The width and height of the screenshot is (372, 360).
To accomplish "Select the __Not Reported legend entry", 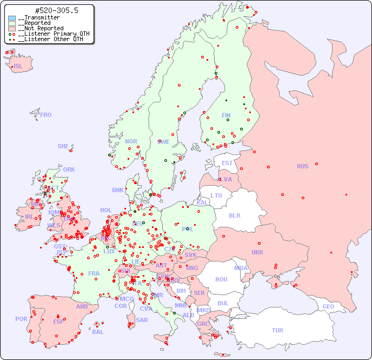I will click(x=41, y=28).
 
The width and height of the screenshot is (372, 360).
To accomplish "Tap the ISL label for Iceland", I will click(x=18, y=67).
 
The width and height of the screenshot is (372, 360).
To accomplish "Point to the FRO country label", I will click(x=46, y=115).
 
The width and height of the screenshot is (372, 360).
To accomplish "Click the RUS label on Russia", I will click(x=302, y=166).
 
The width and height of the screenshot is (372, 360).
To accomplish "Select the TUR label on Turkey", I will click(x=277, y=330).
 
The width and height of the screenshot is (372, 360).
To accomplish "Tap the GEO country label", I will click(x=328, y=306).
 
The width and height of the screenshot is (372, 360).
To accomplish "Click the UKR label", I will click(x=257, y=252).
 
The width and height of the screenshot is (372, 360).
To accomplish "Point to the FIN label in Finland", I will click(x=226, y=115).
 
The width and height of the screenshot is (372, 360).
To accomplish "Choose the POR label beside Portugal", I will click(x=21, y=319).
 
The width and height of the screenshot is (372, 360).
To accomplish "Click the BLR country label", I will click(x=234, y=215).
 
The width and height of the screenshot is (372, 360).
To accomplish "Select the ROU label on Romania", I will click(x=221, y=279).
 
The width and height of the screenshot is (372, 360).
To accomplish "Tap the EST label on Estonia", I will click(x=227, y=163).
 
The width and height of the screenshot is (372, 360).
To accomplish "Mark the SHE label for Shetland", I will click(x=63, y=146).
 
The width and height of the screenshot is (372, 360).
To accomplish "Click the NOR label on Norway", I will click(x=131, y=141).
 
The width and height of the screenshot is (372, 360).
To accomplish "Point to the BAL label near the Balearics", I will click(x=98, y=332).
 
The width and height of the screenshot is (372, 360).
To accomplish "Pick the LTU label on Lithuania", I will click(x=216, y=195).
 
